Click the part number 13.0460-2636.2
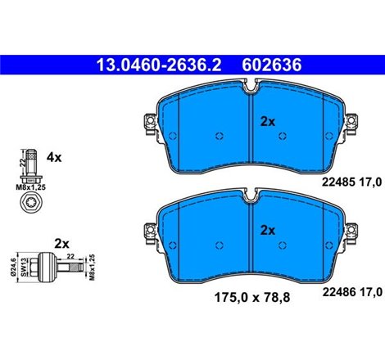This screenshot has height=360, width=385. (159, 65)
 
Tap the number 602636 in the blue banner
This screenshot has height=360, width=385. (272, 65)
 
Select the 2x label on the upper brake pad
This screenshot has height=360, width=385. (268, 122)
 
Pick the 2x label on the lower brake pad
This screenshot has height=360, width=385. (268, 231)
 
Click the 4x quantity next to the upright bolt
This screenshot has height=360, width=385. (54, 157)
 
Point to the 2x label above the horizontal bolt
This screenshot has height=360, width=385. (62, 244)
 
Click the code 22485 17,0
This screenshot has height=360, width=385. (351, 182)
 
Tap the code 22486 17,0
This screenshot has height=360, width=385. (352, 292)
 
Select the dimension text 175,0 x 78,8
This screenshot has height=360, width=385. (252, 298)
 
